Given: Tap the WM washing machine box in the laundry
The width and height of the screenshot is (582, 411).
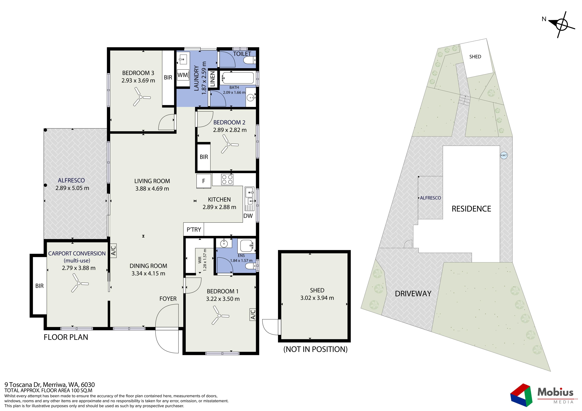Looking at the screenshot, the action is (x=183, y=75).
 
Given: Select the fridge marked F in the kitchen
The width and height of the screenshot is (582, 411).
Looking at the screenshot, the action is (x=204, y=181).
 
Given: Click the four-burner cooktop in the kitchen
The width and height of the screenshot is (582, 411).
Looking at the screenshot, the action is (x=227, y=179).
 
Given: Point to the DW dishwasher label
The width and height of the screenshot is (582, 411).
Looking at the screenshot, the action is (x=248, y=216).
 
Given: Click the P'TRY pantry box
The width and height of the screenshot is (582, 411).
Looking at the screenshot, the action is (x=194, y=229).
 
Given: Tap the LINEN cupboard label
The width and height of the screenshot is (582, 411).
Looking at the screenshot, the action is (x=212, y=79).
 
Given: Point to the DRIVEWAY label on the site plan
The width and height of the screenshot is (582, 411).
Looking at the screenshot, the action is (x=413, y=294).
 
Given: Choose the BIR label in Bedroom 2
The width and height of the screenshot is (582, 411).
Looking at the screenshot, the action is (x=204, y=157).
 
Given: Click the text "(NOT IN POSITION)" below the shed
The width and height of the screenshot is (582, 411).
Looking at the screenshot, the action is (x=315, y=349).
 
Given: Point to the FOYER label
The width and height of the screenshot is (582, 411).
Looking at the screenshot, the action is (x=168, y=299).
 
